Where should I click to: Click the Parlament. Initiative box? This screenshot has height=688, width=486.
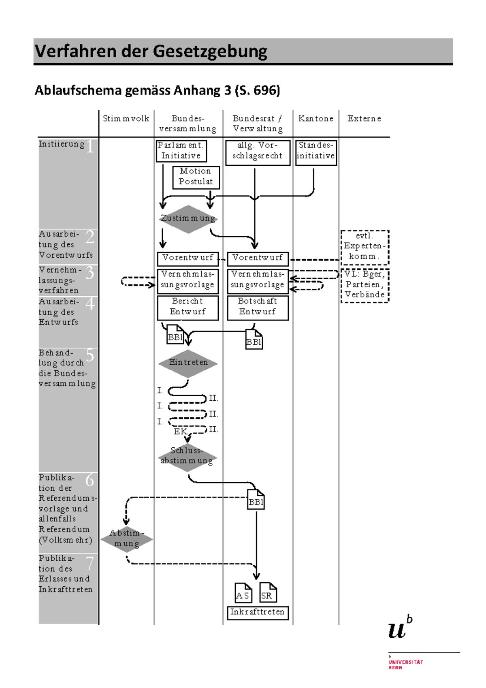[181, 151]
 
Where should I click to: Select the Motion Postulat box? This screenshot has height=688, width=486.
[196, 177]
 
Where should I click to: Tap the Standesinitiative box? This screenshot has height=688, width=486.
[316, 152]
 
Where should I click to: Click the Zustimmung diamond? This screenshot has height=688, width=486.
[188, 219]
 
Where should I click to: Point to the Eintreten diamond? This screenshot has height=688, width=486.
[188, 363]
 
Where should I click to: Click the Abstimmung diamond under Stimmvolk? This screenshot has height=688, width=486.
[127, 539]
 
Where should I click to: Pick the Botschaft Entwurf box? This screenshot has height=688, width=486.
[258, 307]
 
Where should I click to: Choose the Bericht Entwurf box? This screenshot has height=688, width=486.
[188, 307]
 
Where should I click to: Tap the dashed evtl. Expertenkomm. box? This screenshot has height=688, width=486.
[364, 247]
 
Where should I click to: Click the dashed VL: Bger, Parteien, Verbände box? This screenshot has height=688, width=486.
[364, 285]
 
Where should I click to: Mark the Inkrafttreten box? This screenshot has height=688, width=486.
[258, 612]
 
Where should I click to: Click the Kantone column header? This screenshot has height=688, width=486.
[316, 119]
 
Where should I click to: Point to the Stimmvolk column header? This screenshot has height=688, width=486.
[126, 119]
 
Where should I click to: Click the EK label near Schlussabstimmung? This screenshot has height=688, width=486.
[180, 432]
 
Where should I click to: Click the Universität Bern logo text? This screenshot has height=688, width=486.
[405, 664]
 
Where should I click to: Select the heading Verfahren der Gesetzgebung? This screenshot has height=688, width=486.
[151, 51]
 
